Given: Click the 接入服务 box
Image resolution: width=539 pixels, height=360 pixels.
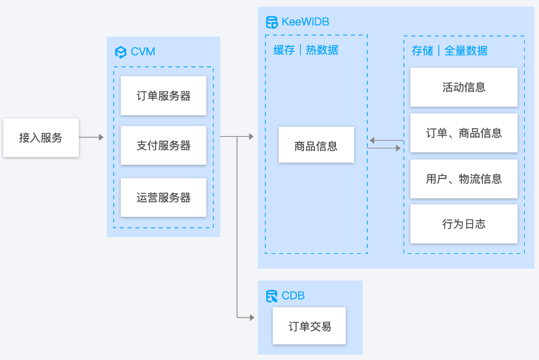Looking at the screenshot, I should point(41,137).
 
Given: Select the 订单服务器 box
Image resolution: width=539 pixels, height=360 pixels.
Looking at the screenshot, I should point(163,96).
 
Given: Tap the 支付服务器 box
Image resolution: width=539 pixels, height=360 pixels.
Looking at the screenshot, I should point(163,146).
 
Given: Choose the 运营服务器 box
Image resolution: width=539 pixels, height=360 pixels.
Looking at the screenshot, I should point(163,197).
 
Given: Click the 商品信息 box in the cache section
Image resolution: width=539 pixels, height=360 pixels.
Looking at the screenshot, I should point(316,145).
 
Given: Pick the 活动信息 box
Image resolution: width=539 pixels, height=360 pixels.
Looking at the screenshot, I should point(463,87).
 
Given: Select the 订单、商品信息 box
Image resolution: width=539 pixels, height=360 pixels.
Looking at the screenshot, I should point(463,133).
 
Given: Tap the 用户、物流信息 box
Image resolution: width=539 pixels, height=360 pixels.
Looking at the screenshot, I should point(463,179).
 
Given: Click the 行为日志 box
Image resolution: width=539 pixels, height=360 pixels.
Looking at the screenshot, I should point(463,224).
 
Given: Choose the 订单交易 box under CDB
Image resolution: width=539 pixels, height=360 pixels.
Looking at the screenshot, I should point(310,326).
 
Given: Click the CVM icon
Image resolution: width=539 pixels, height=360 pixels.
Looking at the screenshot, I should point(120,52).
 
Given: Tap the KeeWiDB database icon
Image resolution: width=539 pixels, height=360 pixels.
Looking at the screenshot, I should point(271,22).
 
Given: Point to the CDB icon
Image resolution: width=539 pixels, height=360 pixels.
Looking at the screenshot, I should point(271,296).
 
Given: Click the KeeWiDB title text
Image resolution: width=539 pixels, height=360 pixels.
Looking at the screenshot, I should point(305,22).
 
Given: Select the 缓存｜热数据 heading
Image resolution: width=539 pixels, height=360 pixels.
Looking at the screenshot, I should point(306,50).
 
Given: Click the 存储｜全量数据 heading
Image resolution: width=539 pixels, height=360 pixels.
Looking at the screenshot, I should point(449,51).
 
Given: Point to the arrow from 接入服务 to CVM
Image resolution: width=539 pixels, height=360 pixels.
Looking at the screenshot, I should point(91,137).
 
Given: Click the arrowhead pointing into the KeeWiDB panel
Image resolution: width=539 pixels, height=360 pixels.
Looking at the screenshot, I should point(251,137).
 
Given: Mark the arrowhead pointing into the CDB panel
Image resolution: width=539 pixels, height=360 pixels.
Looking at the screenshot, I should point(251,317).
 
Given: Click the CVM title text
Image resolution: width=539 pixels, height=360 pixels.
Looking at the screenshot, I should point(143,52).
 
